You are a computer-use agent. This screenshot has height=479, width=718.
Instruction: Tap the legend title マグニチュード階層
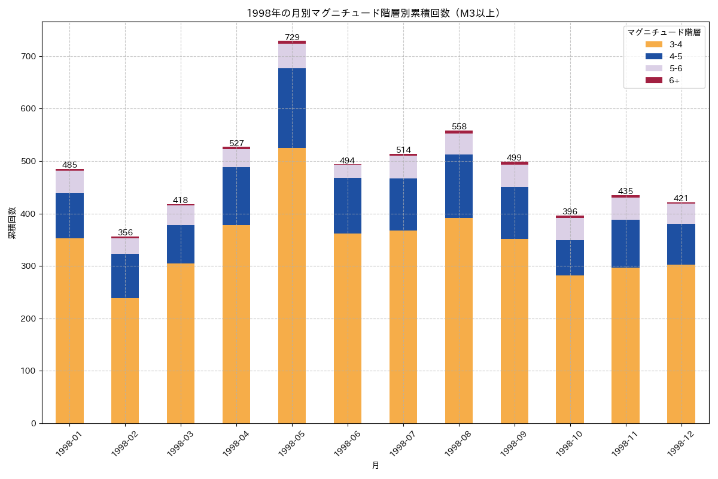pyautogui.click(x=664, y=32)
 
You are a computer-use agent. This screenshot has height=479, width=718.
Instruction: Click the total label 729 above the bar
pyautogui.click(x=292, y=37)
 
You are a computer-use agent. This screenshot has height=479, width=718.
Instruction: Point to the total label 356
pyautogui.click(x=125, y=232)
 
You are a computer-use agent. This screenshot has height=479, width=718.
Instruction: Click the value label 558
pyautogui.click(x=459, y=126)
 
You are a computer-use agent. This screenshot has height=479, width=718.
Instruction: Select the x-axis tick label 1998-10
pyautogui.click(x=569, y=444)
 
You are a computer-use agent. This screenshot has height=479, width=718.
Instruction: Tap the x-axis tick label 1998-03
pyautogui.click(x=180, y=444)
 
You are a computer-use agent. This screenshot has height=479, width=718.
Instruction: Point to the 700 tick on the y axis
pyautogui.click(x=29, y=56)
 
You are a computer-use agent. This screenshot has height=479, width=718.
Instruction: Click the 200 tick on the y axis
pyautogui.click(x=29, y=319)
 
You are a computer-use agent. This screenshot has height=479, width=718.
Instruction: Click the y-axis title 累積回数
pyautogui.click(x=12, y=223)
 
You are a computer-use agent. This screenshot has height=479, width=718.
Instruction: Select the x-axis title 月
pyautogui.click(x=375, y=465)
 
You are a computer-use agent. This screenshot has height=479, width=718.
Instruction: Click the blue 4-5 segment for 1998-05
pyautogui.click(x=292, y=108)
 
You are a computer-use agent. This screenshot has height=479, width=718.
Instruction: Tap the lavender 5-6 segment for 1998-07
pyautogui.click(x=403, y=167)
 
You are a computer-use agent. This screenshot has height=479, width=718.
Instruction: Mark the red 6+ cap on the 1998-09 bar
pyautogui.click(x=515, y=163)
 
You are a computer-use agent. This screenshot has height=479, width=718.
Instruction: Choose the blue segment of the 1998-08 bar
pyautogui.click(x=459, y=186)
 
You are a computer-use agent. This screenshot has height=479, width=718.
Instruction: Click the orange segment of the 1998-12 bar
pyautogui.click(x=681, y=344)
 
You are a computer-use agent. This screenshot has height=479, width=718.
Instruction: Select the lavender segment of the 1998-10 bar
pyautogui.click(x=570, y=229)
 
